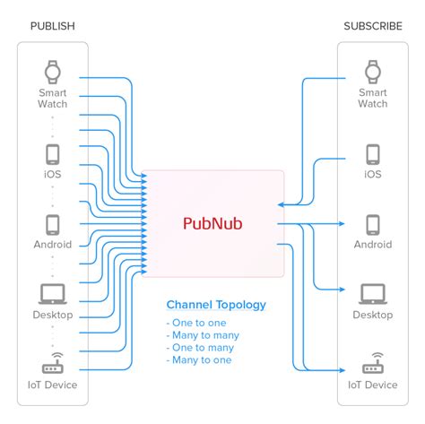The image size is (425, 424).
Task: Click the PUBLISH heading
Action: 53,25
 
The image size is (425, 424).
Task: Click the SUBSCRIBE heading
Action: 373,25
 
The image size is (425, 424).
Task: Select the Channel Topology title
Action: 216,305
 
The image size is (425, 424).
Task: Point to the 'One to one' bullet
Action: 197,322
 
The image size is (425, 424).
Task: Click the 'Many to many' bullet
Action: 203,334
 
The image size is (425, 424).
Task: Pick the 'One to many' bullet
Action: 201,347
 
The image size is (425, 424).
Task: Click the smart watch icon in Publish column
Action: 52,71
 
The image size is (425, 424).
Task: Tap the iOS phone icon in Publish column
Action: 52,152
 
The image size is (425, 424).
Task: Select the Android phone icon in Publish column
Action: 52,223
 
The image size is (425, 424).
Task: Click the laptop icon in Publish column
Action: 52,293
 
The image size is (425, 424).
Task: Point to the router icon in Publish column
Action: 52,365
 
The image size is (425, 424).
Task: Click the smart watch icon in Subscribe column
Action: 373,71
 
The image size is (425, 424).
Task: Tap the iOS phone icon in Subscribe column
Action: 373,152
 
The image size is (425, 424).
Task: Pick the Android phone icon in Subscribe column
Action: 373,223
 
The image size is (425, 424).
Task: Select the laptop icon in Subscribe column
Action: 373,293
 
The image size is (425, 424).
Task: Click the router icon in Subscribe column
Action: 373,365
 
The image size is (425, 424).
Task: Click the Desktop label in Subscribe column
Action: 373,315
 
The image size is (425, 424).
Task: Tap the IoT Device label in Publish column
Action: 52,385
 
